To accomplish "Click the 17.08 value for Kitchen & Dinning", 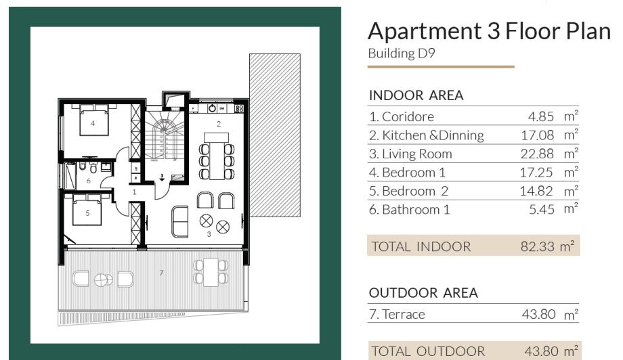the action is pos(537,135).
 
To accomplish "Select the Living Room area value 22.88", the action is pos(537,154).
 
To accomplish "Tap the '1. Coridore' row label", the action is pos(402,116).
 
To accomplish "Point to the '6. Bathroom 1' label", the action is pos(409,210).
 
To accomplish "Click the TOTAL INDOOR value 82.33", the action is pos(537,246).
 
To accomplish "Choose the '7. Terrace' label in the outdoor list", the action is pos(397,315).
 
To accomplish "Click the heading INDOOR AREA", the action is pos(416,95).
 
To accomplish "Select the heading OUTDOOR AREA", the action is pos(423,293).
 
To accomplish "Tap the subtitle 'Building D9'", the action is pos(402,53).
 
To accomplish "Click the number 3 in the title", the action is pos(493,31).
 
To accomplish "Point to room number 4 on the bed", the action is pos(93,123).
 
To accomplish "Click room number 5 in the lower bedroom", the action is pos(88,213).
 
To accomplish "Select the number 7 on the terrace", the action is pos(161,273).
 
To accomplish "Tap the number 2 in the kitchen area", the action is pos(219,124).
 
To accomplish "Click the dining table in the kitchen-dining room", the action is pos(216,156).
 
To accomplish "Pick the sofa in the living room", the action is pos(179,221).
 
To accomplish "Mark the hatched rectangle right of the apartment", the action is pos(275,135).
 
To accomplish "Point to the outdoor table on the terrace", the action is pos(211,272).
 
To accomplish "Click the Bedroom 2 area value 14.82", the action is pos(536,191).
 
